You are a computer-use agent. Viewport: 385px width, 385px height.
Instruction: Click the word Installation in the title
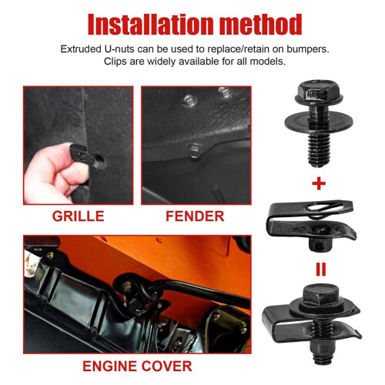point(151,25)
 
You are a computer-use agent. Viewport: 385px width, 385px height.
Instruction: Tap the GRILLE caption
point(79,216)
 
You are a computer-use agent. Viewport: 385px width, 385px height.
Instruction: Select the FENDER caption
point(195,216)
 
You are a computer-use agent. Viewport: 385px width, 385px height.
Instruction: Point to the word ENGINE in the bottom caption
point(109,366)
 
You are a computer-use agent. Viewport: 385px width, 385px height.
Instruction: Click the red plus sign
point(319,183)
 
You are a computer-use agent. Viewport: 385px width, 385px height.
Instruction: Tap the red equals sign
point(321,269)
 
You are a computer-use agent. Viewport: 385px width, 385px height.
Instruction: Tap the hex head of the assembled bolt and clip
point(321,296)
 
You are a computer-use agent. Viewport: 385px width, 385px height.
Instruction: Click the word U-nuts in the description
point(119,49)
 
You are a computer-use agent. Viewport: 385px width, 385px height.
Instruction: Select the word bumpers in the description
point(308,49)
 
